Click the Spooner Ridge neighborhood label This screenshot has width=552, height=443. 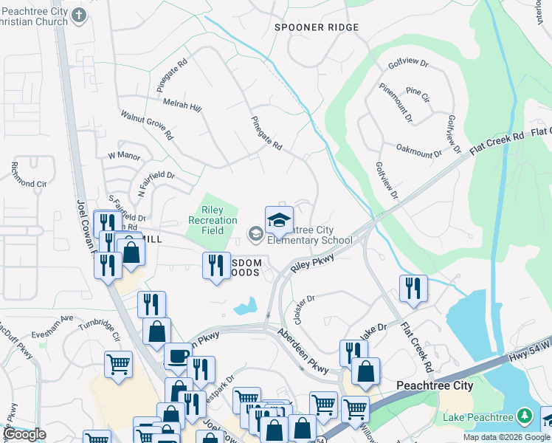point(316,27)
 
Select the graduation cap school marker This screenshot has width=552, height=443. point(279,220)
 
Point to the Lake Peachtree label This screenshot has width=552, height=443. point(477,417)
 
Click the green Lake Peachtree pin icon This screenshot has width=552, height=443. point(524,416)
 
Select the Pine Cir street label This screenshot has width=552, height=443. point(417,95)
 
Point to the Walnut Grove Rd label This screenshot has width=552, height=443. point(147,125)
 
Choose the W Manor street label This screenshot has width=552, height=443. point(123,156)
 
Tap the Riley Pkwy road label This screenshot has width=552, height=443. point(313,264)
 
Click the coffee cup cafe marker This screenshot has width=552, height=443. point(176,355)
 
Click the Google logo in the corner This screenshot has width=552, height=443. point(24,434)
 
